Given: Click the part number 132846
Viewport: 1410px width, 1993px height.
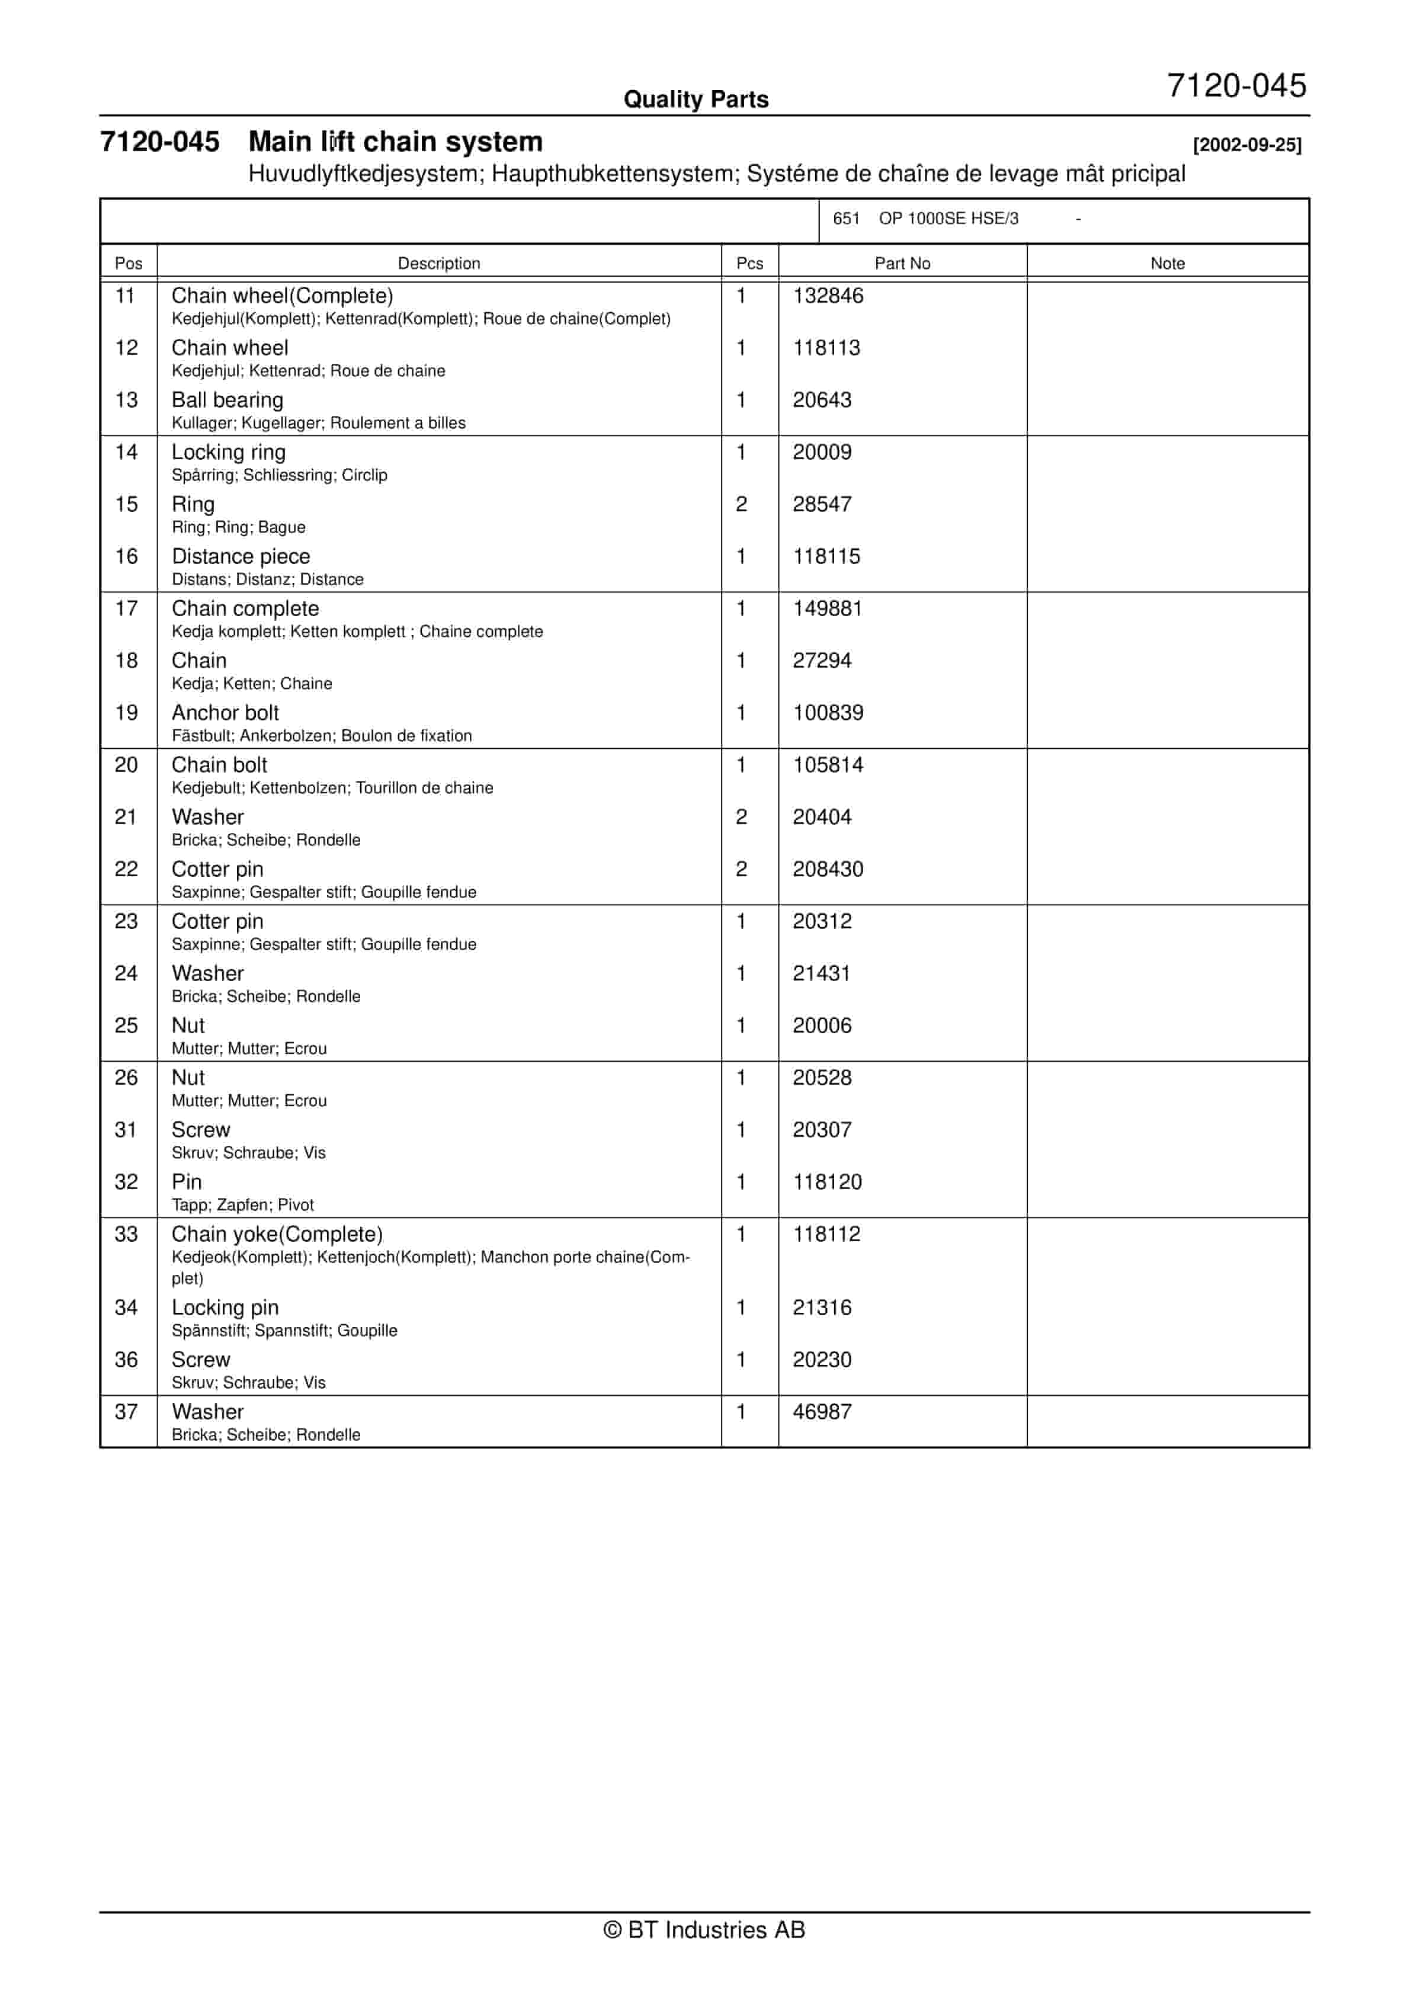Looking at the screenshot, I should (x=828, y=296).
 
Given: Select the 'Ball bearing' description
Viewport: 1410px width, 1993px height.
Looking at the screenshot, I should (x=227, y=400).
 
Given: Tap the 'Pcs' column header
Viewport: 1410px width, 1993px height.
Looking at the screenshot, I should (x=749, y=263).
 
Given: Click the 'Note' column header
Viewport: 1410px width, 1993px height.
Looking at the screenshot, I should (x=1167, y=263).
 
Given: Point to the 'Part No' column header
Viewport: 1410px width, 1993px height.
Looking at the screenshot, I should (x=902, y=263).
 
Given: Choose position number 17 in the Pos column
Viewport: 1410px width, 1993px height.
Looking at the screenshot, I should (x=127, y=608).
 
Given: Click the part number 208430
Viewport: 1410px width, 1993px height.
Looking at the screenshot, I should (x=828, y=869).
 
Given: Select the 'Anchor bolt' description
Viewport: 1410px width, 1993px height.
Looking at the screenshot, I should (x=225, y=713).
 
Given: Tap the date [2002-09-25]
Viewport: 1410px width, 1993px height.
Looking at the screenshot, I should (x=1246, y=145).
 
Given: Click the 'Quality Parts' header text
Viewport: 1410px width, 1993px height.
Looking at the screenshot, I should (x=696, y=100).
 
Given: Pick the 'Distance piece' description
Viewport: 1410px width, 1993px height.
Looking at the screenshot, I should (x=241, y=556).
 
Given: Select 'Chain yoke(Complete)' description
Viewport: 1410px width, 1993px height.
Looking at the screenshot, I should (x=277, y=1233).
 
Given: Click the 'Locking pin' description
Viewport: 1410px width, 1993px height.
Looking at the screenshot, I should (x=225, y=1308).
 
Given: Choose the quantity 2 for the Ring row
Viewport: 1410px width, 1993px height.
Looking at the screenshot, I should (x=742, y=504).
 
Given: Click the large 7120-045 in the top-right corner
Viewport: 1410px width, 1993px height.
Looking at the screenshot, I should (x=1236, y=86).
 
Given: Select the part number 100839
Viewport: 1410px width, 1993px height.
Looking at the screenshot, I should (x=828, y=713).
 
